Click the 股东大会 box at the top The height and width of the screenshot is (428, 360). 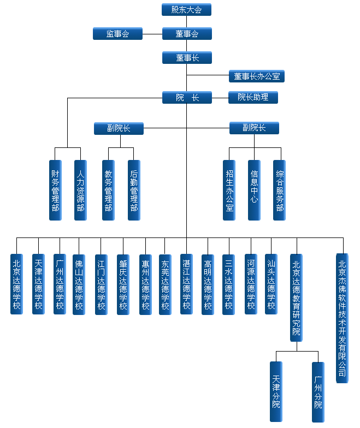coord(186,10)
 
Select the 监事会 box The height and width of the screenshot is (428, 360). coord(117,34)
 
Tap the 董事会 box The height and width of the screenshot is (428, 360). coord(186,34)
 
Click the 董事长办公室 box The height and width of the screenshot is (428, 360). coord(256,76)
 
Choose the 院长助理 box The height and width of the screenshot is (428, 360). coord(253,98)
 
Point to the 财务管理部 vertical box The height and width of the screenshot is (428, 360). coord(55,190)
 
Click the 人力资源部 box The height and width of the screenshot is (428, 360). coord(80,190)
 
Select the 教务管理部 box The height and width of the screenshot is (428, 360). coord(108,190)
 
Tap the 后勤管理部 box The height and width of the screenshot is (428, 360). coord(134,190)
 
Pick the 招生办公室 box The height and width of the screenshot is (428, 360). coord(229,190)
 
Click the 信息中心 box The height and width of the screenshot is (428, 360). coord(254,190)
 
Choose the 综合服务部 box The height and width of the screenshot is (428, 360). coord(280,190)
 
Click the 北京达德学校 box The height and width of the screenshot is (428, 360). coord(16,284)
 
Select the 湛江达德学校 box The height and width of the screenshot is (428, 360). coord(186,284)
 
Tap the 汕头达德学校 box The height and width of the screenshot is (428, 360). coord(271,284)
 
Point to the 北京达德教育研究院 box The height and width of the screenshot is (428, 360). coord(296,298)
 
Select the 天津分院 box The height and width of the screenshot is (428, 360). coord(276,391)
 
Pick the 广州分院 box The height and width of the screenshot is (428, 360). coord(318,391)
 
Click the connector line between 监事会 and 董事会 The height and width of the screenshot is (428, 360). coord(152,34)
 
